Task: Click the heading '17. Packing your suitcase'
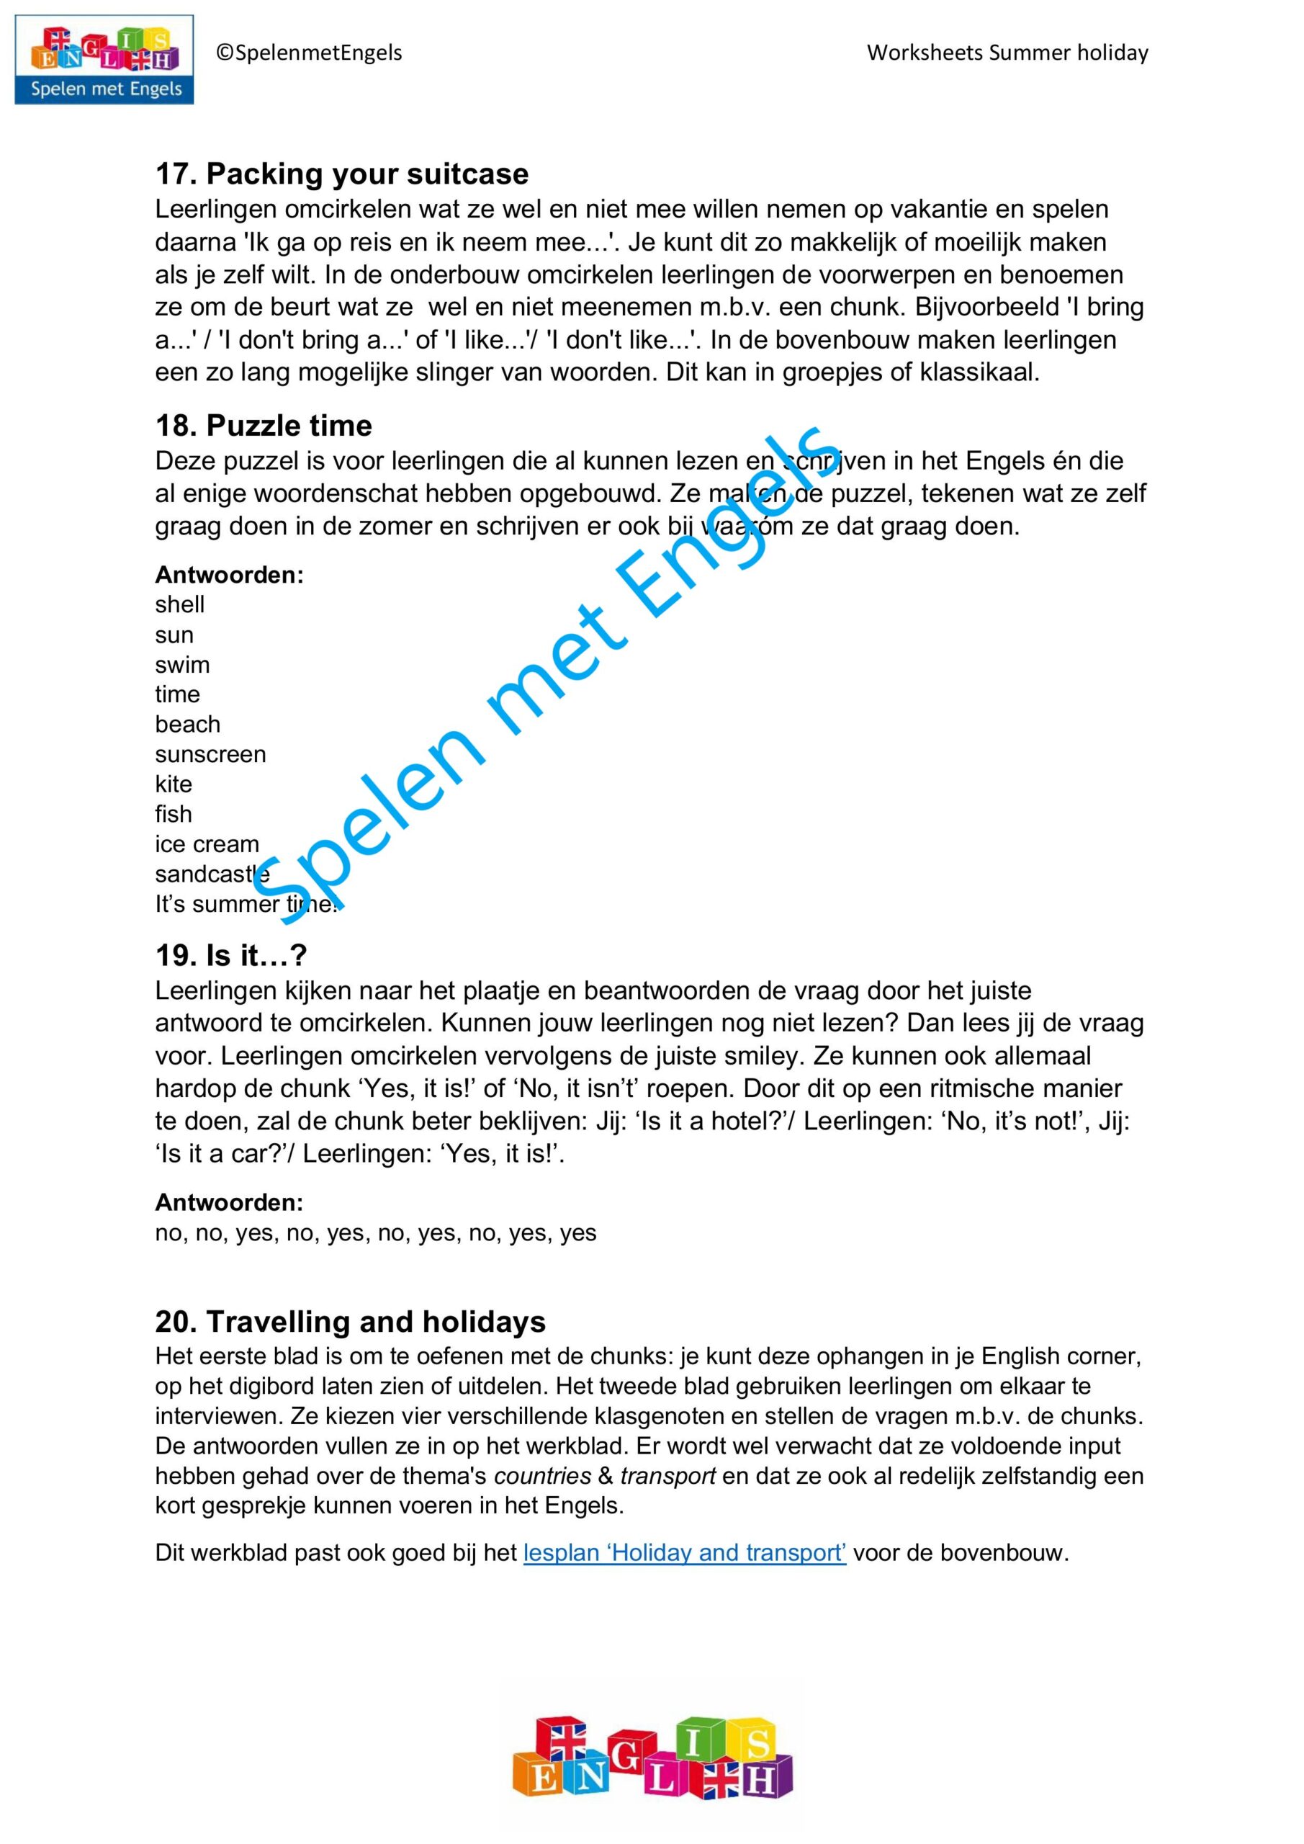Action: [341, 174]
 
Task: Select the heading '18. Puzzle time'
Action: [264, 426]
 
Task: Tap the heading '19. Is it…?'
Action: [230, 955]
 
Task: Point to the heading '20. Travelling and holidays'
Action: [350, 1321]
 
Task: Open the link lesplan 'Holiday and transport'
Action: [684, 1552]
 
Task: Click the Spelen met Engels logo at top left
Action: [104, 60]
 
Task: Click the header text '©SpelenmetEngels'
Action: [309, 53]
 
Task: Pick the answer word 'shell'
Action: [180, 605]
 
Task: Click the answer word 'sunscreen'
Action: [210, 755]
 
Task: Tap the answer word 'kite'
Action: [174, 784]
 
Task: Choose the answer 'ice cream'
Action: [207, 845]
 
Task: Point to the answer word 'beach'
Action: [188, 725]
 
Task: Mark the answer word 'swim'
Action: [182, 665]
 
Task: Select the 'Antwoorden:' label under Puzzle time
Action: [230, 575]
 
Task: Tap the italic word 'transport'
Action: [667, 1476]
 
